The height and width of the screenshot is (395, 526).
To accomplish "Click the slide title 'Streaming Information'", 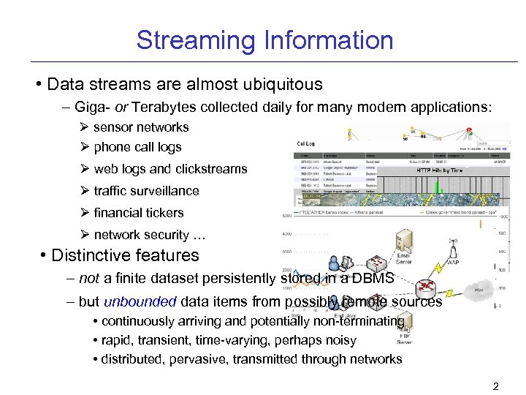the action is click(264, 39).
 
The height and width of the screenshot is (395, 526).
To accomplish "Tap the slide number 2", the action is click(495, 385).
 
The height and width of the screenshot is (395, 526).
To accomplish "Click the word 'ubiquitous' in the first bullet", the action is click(280, 84).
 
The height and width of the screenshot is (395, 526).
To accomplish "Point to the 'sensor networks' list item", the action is click(141, 127).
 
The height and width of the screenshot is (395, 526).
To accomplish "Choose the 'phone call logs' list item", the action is click(137, 147).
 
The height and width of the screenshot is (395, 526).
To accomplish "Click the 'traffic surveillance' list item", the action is click(146, 191).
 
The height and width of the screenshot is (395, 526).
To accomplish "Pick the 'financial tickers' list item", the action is click(139, 213).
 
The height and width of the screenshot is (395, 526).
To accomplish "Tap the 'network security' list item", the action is click(150, 236).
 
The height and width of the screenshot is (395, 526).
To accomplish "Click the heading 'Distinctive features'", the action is click(125, 256).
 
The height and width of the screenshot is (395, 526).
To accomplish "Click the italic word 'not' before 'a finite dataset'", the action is click(89, 279).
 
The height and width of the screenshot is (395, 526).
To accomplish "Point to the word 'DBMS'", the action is click(374, 279).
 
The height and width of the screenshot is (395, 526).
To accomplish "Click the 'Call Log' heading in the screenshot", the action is click(306, 143).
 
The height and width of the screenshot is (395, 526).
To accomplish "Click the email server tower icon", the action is click(404, 241).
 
